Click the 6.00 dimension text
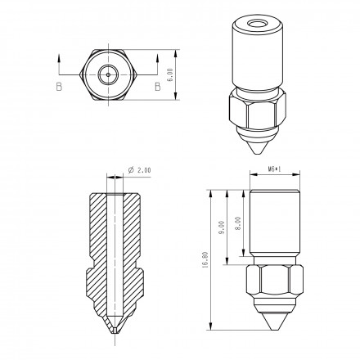170,74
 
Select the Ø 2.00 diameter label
139,170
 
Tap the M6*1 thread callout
274,169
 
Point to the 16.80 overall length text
205,260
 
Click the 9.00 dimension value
222,227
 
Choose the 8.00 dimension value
238,223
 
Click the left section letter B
59,87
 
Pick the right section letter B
158,87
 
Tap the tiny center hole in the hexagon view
109,74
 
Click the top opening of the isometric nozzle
258,24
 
